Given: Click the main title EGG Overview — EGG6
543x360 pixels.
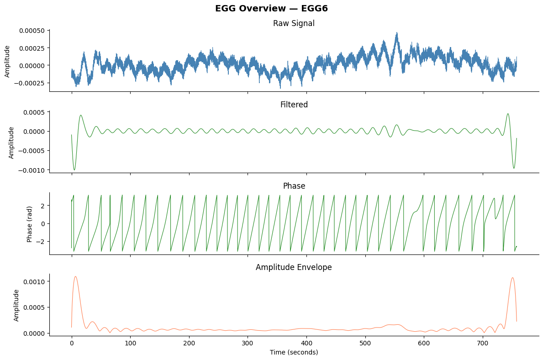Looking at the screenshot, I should [x=271, y=8].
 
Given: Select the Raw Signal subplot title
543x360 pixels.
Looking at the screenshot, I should [x=294, y=23].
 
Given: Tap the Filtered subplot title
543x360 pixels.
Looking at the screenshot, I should [x=294, y=105].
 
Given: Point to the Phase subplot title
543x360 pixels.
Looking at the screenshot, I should [x=294, y=186].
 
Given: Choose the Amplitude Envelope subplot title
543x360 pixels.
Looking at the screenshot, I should [x=294, y=267].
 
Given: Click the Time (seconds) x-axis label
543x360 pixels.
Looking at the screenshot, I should [x=294, y=352].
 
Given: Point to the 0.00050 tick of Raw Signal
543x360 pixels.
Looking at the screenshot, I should [x=32, y=31].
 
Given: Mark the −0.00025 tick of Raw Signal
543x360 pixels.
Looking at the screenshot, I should [x=30, y=83].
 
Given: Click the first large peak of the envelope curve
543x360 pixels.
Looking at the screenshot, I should [x=75, y=276].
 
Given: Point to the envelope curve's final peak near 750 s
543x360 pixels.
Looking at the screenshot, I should [x=513, y=278].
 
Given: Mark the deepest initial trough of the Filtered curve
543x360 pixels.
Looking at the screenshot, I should [x=74, y=170].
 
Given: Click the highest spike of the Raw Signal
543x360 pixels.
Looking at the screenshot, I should [x=397, y=32].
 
